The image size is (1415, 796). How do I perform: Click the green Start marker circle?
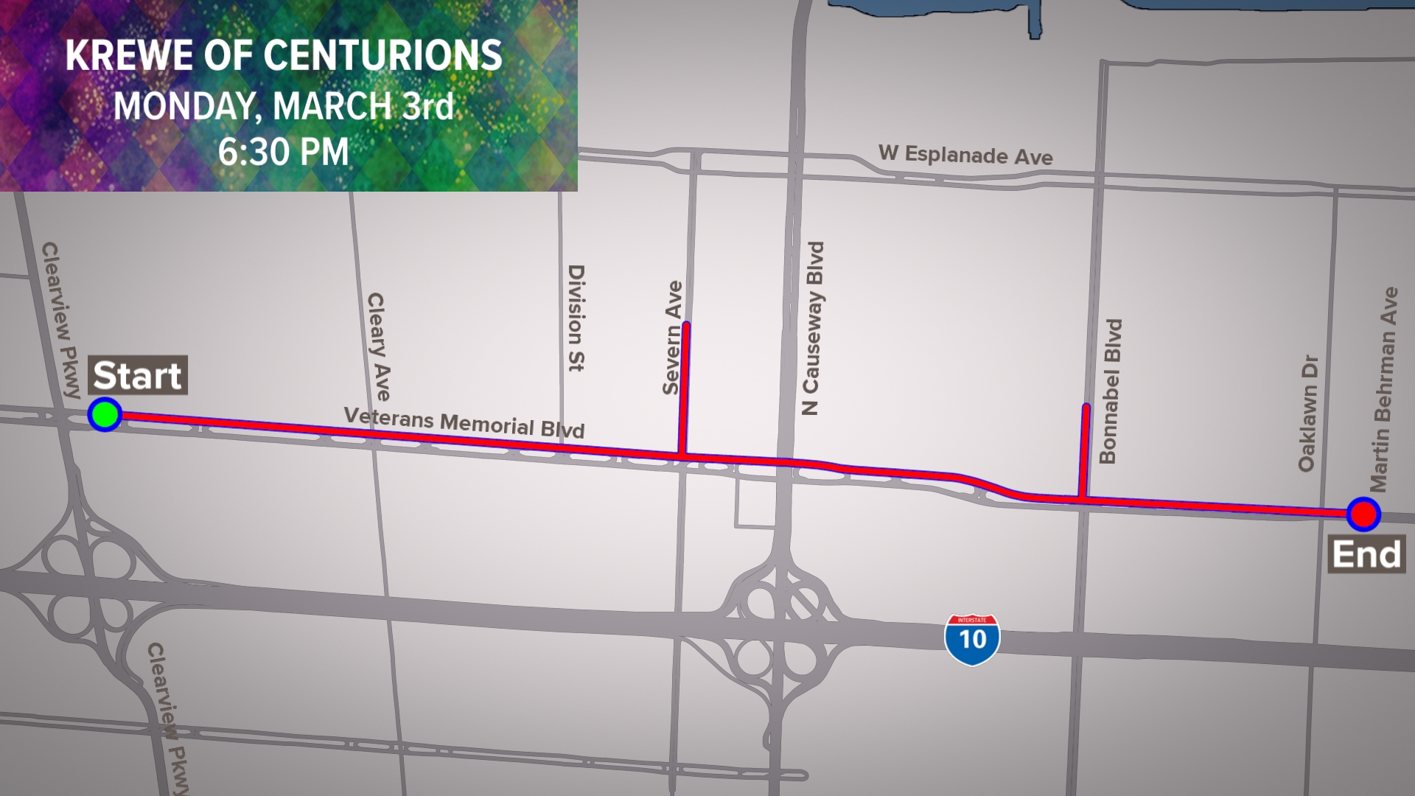[105, 414]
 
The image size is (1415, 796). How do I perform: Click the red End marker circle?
[1363, 514]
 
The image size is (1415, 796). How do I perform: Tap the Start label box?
[138, 376]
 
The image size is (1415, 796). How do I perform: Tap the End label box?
[1366, 555]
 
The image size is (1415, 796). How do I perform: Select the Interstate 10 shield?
[972, 639]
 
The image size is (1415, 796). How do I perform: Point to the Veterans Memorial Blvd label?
[464, 423]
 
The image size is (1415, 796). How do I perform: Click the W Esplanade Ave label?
[965, 155]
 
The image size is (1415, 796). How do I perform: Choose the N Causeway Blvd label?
[812, 328]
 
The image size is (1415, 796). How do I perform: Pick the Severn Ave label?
[672, 338]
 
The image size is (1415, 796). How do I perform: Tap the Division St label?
[576, 318]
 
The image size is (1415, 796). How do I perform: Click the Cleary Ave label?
[378, 346]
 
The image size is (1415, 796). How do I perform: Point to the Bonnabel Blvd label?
[1110, 391]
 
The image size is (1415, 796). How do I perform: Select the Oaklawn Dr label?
[1307, 413]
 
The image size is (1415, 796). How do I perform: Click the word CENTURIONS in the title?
[382, 56]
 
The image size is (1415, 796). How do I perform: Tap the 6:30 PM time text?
[283, 153]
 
